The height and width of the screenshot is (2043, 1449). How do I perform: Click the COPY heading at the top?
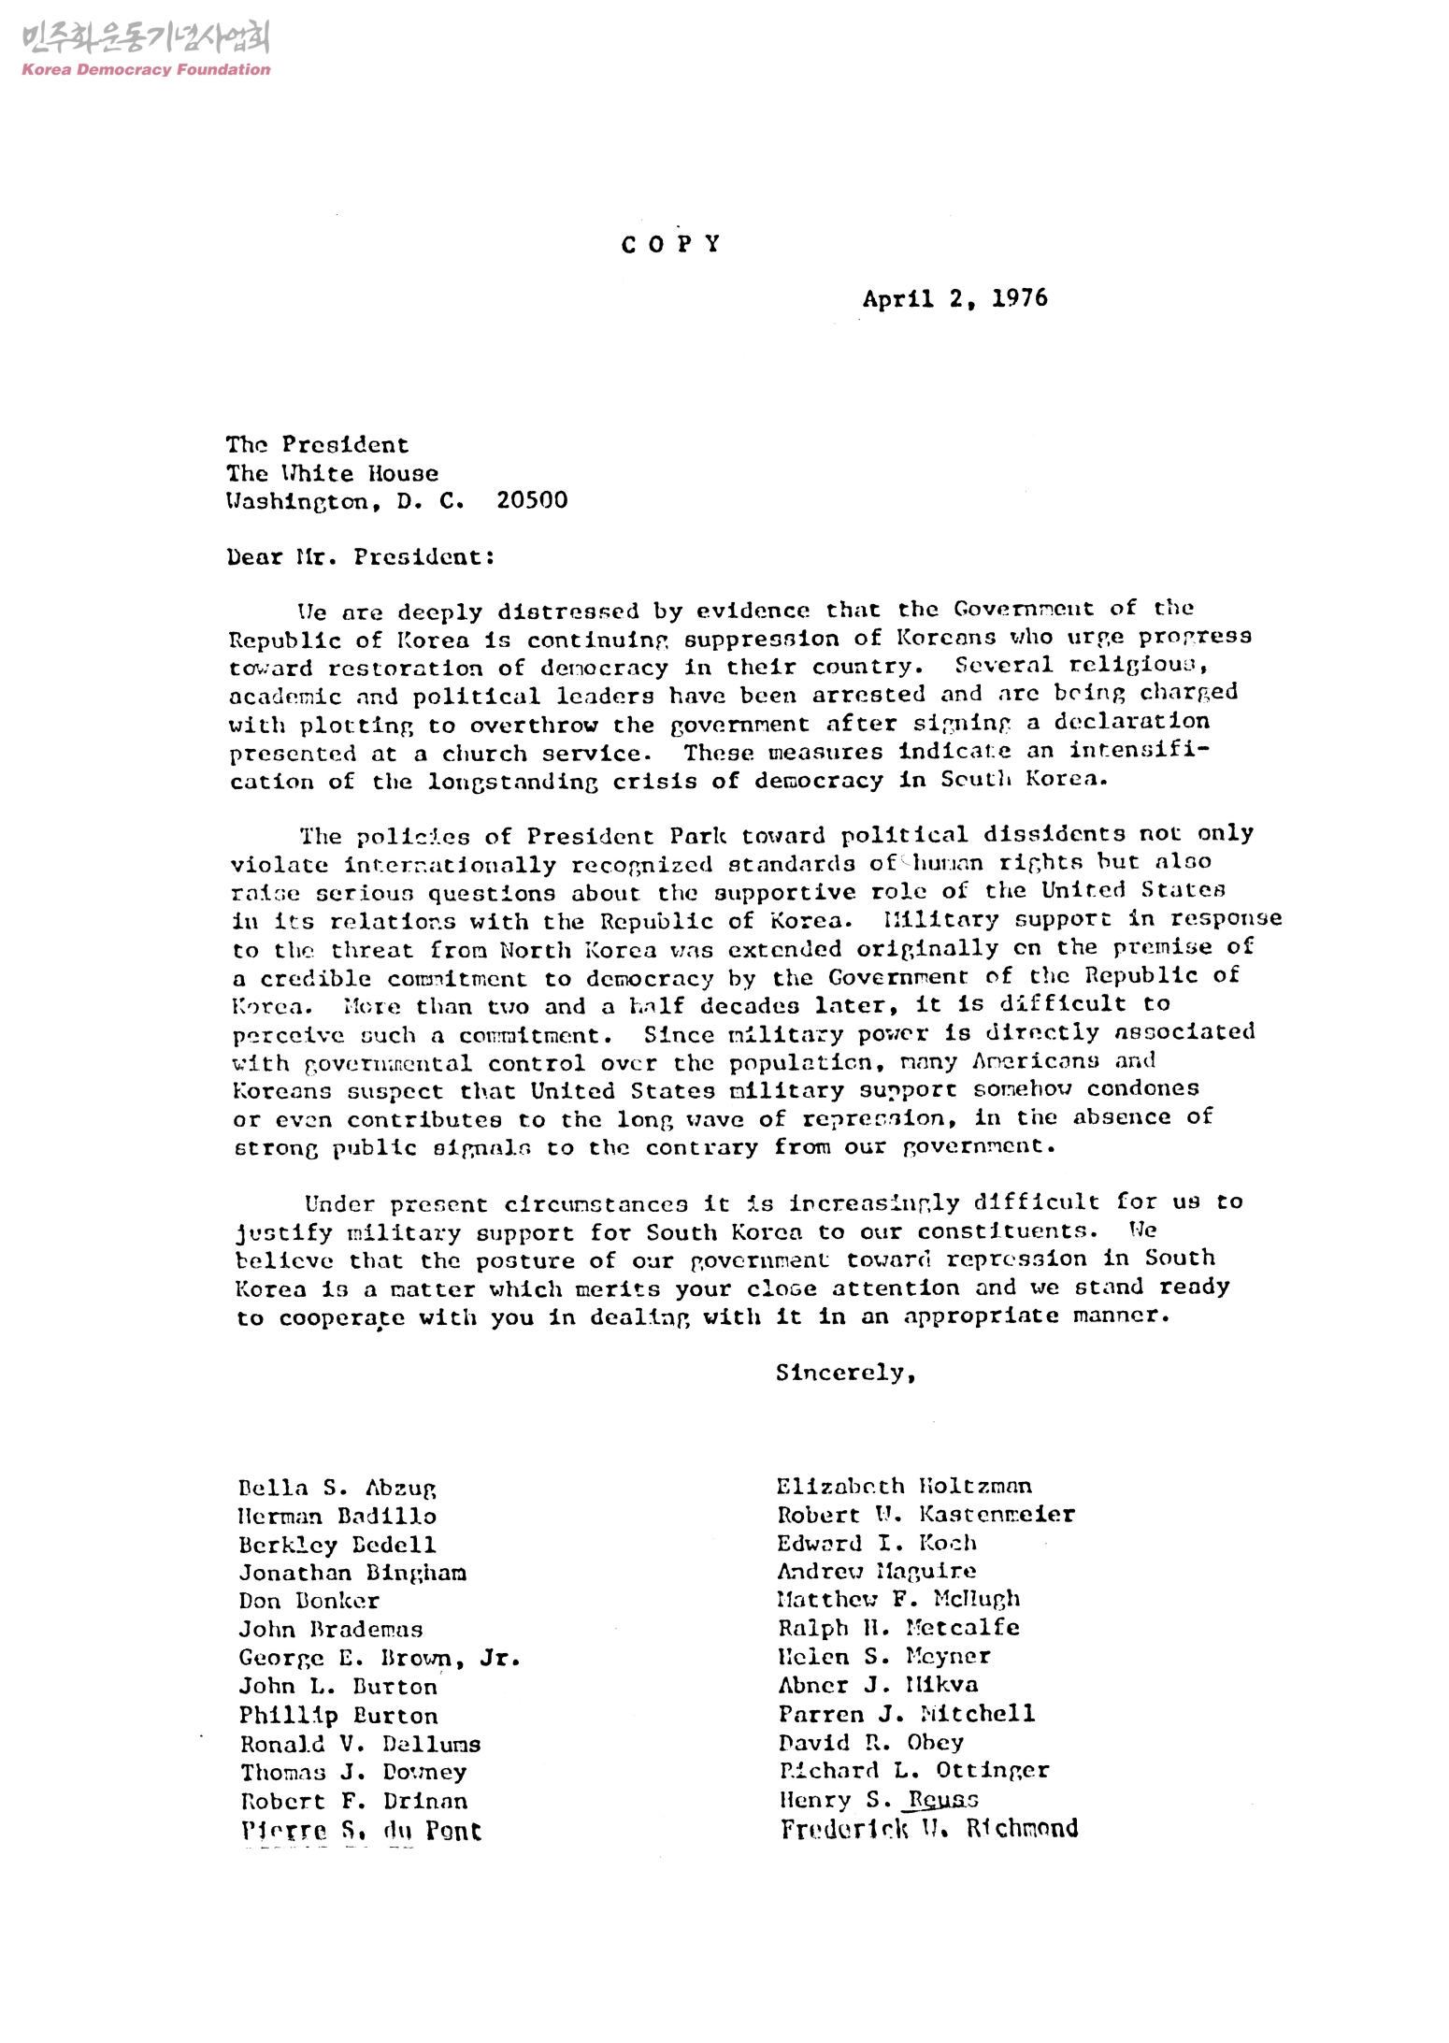[671, 245]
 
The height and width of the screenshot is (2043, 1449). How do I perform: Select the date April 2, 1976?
[954, 299]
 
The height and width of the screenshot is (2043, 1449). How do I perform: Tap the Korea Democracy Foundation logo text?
[146, 69]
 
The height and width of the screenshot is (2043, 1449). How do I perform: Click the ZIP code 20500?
[532, 500]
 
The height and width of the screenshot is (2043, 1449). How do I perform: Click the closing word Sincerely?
[845, 1373]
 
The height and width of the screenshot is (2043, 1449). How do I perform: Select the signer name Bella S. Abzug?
[337, 1488]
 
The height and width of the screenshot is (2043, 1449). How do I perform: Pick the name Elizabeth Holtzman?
[904, 1486]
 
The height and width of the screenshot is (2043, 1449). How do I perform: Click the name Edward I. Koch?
[877, 1543]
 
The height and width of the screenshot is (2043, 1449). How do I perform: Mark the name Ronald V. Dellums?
[360, 1744]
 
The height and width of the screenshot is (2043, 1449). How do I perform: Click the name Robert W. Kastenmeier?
[925, 1514]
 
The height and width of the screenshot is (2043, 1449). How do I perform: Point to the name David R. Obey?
[870, 1742]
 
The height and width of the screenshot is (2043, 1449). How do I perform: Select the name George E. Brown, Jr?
[379, 1658]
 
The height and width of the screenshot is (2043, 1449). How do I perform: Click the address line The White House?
[332, 473]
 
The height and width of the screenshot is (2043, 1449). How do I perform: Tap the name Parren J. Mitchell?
[906, 1713]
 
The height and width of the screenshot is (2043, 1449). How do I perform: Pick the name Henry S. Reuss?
[878, 1799]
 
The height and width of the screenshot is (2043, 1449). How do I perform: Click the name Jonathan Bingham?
[352, 1573]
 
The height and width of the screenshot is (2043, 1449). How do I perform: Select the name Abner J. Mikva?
[878, 1685]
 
